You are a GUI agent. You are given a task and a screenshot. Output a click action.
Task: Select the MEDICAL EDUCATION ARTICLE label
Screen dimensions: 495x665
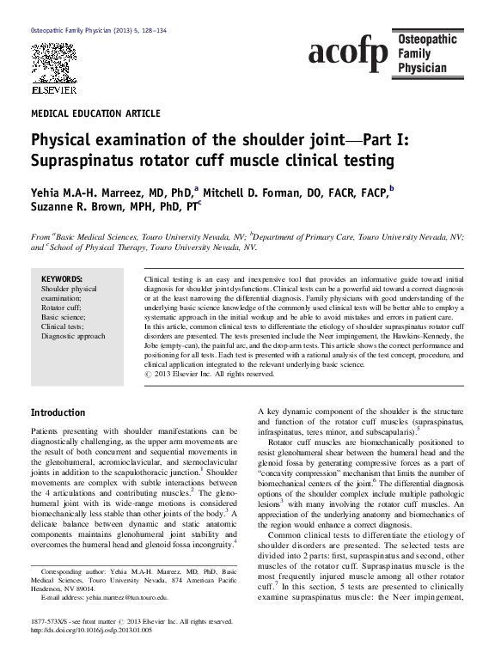click(x=95, y=113)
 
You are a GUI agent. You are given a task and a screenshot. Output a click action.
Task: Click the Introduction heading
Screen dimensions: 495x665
click(x=58, y=412)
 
